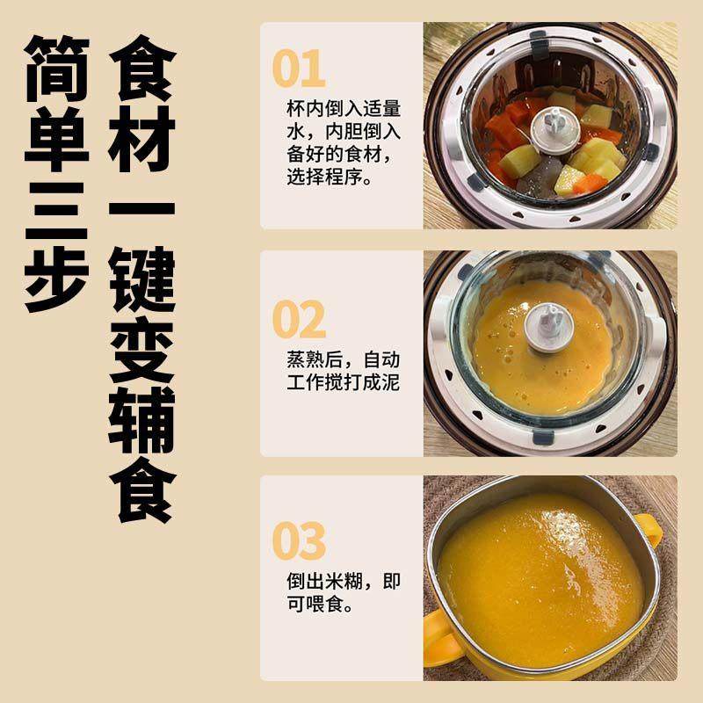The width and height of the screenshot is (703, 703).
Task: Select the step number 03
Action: coord(299,540)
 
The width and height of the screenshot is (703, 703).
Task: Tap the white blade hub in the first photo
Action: coord(551,124)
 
